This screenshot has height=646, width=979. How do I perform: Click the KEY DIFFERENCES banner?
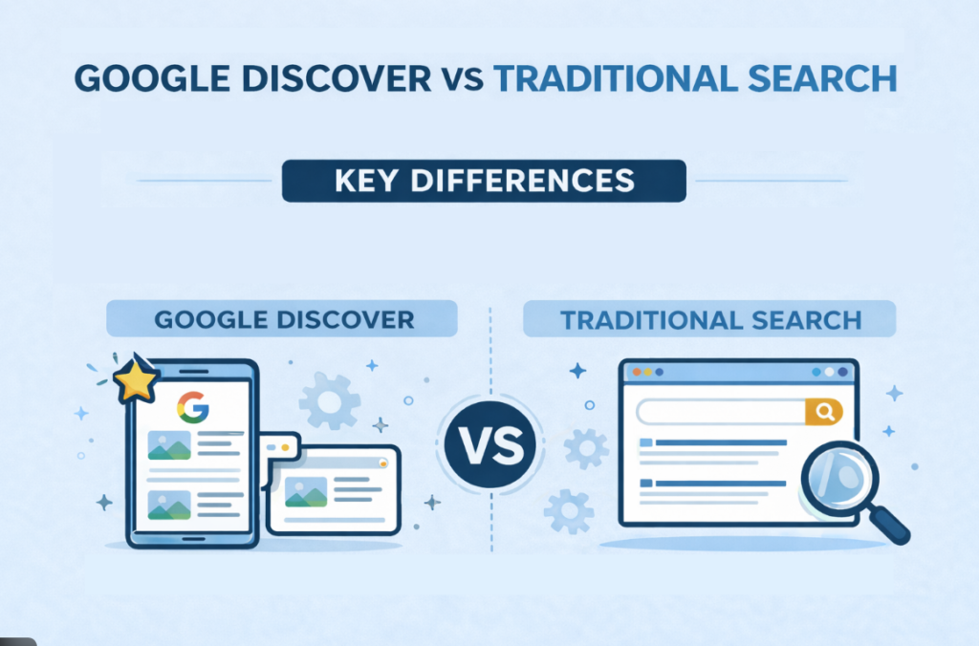pos(484,181)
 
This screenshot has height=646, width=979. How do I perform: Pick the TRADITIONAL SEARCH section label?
pos(709,318)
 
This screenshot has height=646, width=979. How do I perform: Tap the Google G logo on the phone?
pos(192,409)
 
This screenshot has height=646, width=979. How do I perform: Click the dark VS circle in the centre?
pos(491,446)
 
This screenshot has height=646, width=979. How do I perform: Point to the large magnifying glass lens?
pos(833,474)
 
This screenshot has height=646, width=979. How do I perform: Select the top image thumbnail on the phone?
pos(168,445)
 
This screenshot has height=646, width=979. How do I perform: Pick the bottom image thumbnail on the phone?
pos(168,504)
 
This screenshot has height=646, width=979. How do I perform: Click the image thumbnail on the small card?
pos(305,491)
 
